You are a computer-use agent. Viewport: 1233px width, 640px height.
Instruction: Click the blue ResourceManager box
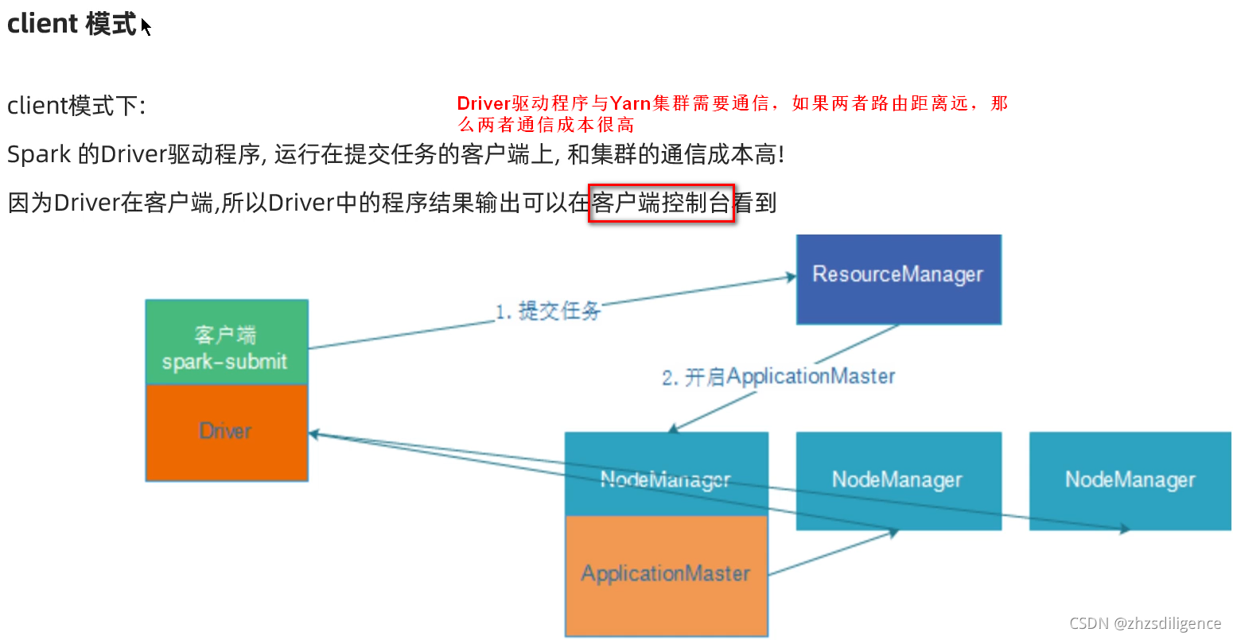click(x=898, y=279)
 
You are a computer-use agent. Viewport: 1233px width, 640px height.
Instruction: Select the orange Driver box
click(x=227, y=432)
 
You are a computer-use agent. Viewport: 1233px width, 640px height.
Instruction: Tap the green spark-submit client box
click(x=227, y=343)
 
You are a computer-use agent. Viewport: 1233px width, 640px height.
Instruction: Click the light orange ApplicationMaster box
click(x=666, y=575)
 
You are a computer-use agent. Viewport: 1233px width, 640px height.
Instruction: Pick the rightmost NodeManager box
click(x=1130, y=480)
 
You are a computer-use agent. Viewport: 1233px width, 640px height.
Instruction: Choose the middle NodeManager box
click(x=898, y=480)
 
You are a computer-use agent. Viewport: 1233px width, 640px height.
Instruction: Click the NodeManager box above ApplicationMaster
click(x=666, y=474)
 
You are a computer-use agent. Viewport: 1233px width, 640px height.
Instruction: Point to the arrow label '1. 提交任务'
click(x=547, y=311)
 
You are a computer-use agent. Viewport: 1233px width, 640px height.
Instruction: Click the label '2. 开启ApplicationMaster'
click(x=778, y=376)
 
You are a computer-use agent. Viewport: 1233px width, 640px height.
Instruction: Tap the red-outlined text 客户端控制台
click(x=661, y=204)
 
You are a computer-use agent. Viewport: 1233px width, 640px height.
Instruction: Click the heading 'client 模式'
click(x=72, y=24)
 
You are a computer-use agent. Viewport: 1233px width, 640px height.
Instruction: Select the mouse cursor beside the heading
click(x=146, y=26)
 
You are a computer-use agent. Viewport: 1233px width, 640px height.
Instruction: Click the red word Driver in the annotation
click(x=483, y=103)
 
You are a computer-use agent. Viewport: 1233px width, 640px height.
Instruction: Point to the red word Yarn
click(x=630, y=103)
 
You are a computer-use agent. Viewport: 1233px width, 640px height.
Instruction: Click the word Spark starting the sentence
click(x=39, y=154)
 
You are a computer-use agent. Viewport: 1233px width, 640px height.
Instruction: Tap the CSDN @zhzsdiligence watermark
click(x=1145, y=623)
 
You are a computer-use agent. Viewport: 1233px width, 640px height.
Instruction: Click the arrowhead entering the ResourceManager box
click(x=791, y=277)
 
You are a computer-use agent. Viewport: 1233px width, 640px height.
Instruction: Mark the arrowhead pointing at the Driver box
click(x=313, y=434)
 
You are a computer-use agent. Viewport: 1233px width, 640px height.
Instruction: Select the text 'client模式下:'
click(x=76, y=106)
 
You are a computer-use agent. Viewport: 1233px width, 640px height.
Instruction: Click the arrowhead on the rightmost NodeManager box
click(x=1125, y=529)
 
